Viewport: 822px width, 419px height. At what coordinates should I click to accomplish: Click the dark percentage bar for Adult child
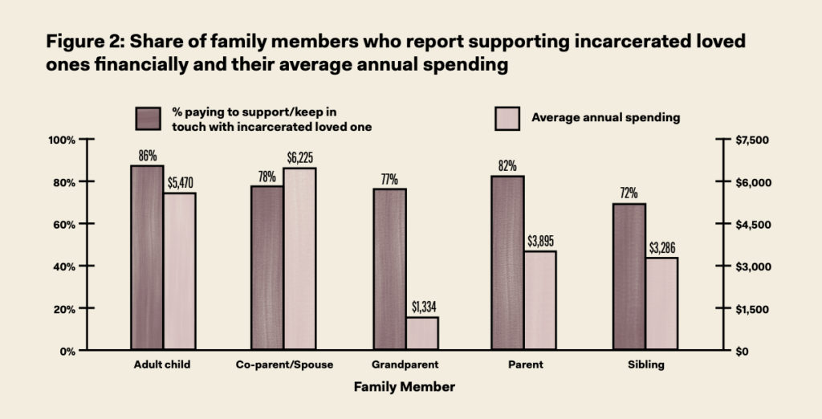[147, 258]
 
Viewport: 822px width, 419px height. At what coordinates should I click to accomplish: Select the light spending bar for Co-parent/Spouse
[299, 258]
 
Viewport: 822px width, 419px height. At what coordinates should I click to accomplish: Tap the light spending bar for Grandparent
[422, 333]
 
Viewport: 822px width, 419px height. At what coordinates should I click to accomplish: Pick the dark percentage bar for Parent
[507, 262]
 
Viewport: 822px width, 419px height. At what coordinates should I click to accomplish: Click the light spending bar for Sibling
[661, 303]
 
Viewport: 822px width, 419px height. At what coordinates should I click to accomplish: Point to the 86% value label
[147, 156]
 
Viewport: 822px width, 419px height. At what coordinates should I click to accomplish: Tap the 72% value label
[628, 193]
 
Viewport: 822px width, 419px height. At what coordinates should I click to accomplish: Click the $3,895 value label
[540, 241]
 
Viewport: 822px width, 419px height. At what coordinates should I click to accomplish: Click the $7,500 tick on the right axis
[752, 140]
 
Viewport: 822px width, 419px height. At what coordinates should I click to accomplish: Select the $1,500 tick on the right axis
[752, 309]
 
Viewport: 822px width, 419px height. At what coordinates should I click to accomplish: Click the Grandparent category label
[405, 364]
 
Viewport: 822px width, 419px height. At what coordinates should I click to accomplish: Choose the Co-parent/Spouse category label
[284, 364]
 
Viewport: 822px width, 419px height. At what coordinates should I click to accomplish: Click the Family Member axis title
[405, 387]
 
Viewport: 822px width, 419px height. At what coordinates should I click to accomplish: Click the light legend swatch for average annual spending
[505, 118]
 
